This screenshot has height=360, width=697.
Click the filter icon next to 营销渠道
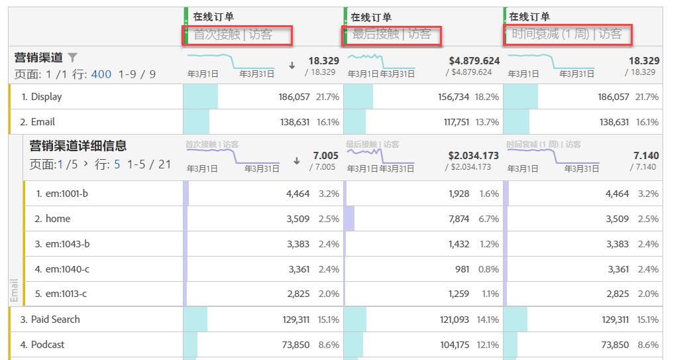click(x=73, y=58)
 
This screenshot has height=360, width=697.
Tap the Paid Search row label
click(x=55, y=320)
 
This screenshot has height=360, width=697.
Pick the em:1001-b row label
click(x=67, y=194)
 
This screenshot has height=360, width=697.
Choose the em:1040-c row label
click(x=67, y=269)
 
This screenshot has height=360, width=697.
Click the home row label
click(x=58, y=219)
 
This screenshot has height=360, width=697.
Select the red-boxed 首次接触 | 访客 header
click(x=237, y=34)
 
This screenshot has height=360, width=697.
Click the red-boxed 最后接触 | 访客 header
click(x=392, y=34)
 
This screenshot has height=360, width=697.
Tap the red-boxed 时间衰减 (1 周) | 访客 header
click(x=567, y=34)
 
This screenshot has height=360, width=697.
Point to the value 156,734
click(x=454, y=97)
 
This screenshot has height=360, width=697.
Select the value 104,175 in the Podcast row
click(x=454, y=345)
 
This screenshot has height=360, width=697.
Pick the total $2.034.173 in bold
click(x=474, y=156)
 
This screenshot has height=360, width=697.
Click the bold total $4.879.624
click(x=474, y=61)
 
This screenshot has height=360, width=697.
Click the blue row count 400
click(x=101, y=74)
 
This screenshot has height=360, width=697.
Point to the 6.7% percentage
click(x=489, y=219)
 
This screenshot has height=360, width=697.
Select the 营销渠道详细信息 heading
click(x=78, y=146)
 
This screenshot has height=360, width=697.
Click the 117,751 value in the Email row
click(x=454, y=122)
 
